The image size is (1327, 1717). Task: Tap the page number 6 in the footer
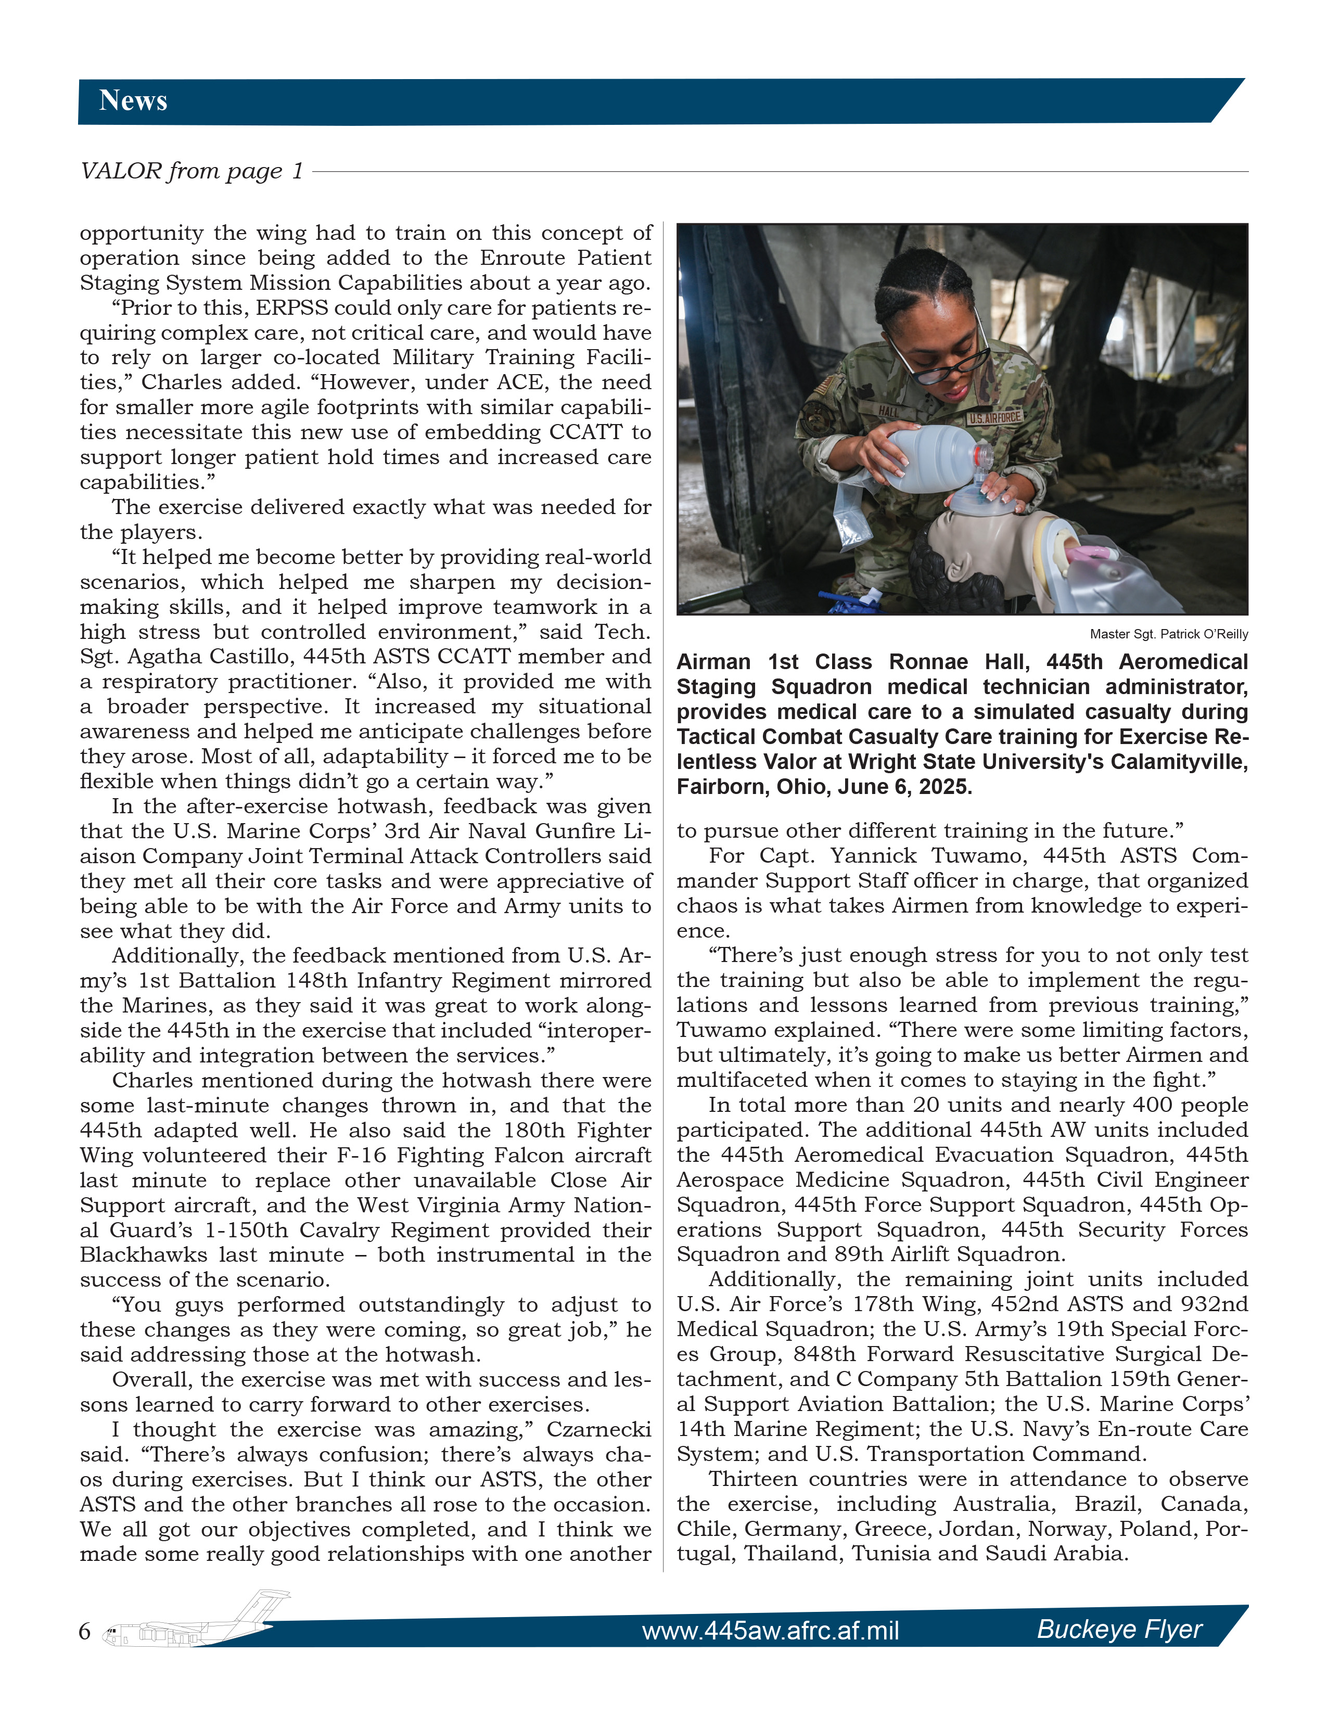(x=85, y=1631)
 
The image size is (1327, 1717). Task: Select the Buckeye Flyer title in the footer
(x=1119, y=1629)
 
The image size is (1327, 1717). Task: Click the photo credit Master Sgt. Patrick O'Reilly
(x=1168, y=634)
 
